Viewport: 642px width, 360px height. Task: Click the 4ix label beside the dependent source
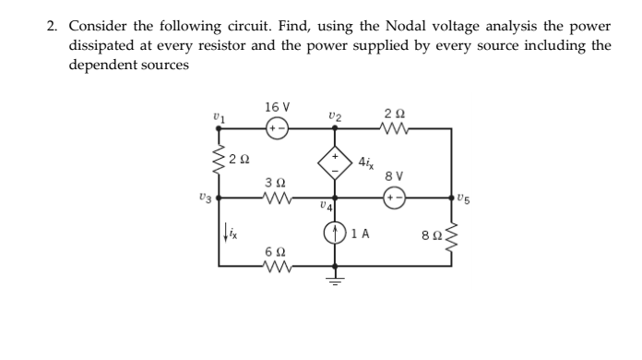(x=367, y=163)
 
